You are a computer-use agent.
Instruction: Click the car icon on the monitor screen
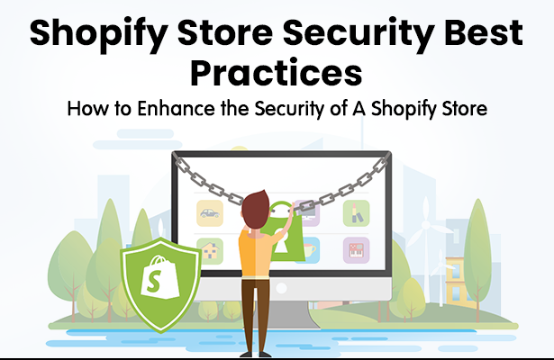(209, 211)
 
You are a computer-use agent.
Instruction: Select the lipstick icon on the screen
(356, 212)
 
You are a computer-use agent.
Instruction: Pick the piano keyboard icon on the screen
(356, 249)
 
